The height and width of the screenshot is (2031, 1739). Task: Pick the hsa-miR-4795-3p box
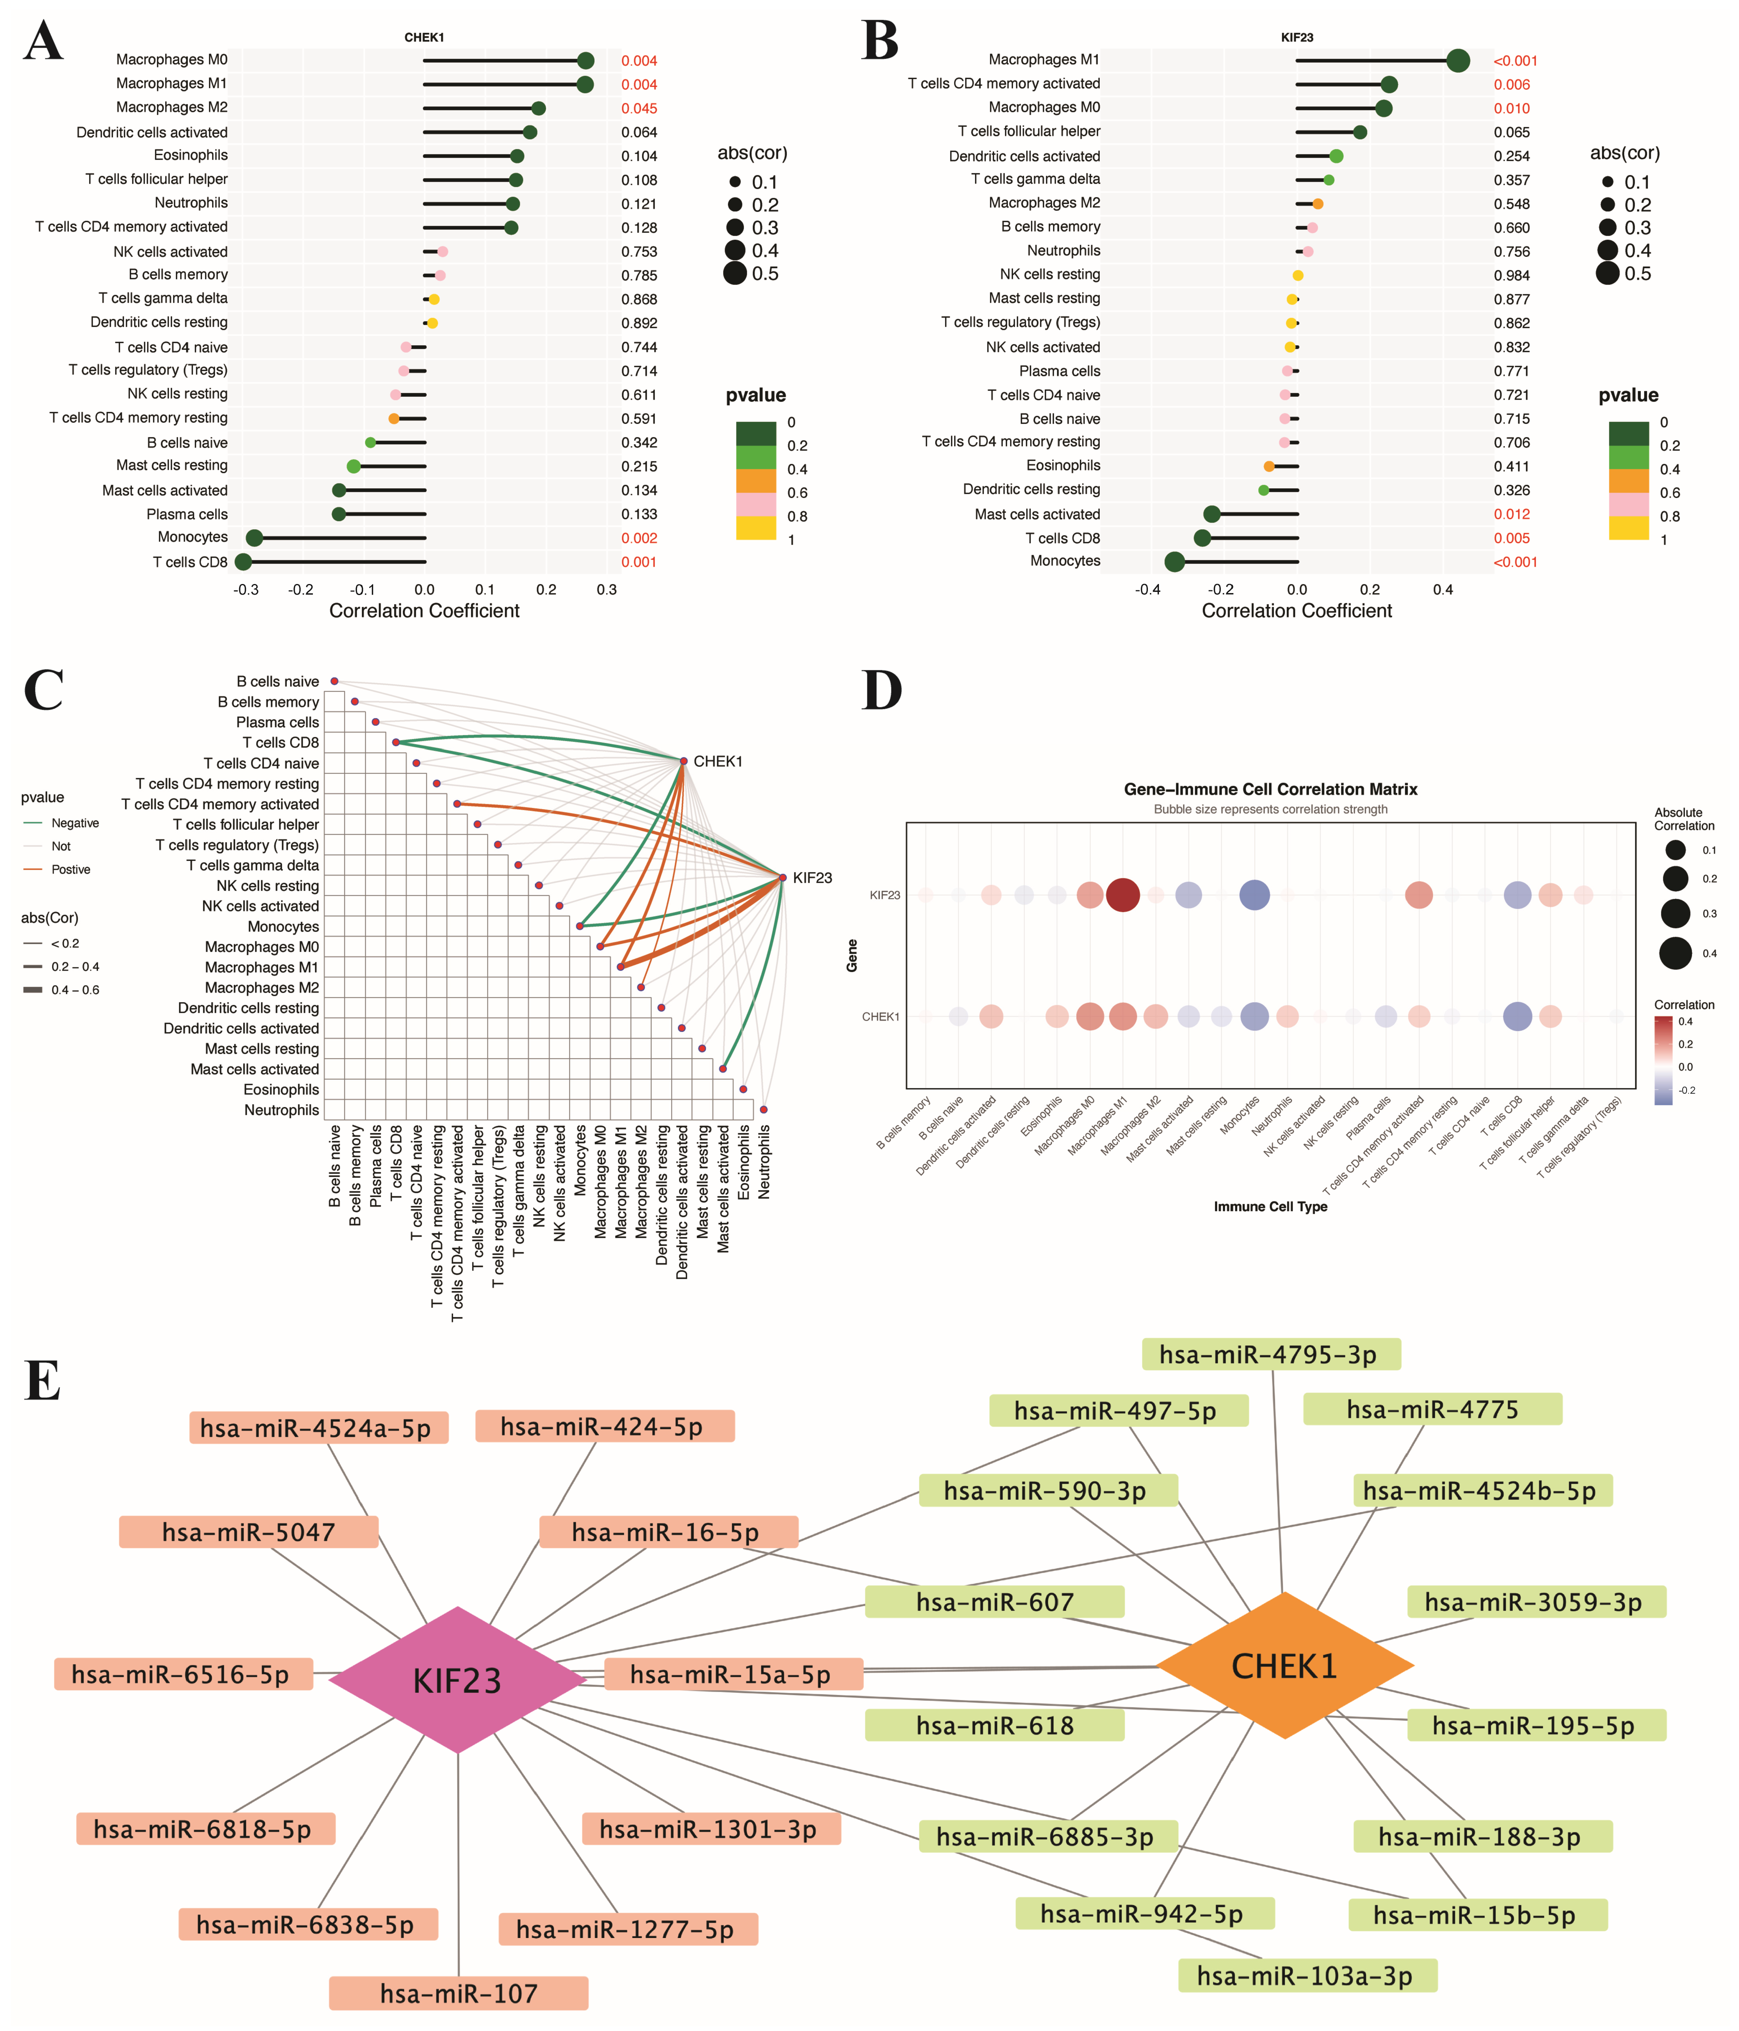pyautogui.click(x=1270, y=1355)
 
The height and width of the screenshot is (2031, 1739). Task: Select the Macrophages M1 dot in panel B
pyautogui.click(x=1458, y=61)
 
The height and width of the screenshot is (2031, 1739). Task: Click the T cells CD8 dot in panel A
pyautogui.click(x=243, y=562)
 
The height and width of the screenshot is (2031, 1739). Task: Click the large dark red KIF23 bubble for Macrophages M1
pyautogui.click(x=1122, y=895)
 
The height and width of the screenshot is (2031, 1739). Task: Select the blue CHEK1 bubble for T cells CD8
pyautogui.click(x=1516, y=1016)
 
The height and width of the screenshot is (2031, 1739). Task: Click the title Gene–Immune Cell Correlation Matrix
pyautogui.click(x=1270, y=789)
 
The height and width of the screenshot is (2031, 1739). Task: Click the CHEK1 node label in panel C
pyautogui.click(x=718, y=762)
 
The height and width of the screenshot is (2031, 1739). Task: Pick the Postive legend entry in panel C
pyautogui.click(x=71, y=869)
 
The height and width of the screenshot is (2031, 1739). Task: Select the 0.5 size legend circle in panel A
pyautogui.click(x=735, y=273)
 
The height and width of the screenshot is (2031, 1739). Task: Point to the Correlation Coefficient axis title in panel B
pyautogui.click(x=1296, y=611)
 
